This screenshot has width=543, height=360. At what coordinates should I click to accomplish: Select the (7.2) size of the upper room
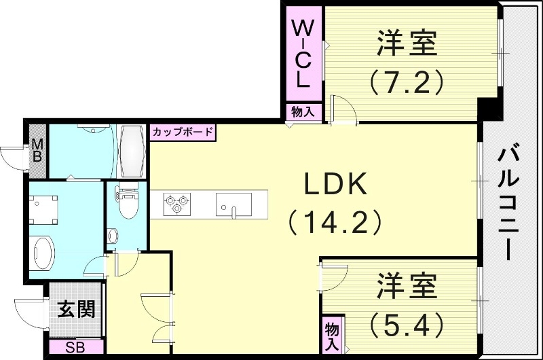coord(407,82)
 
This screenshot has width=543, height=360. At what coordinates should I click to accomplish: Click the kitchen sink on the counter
coord(233,203)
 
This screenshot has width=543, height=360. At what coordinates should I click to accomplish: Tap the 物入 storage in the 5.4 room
coord(332,335)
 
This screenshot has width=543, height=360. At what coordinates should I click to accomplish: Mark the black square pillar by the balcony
coord(488,109)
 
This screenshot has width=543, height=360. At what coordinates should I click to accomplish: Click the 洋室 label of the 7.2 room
coord(407,46)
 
